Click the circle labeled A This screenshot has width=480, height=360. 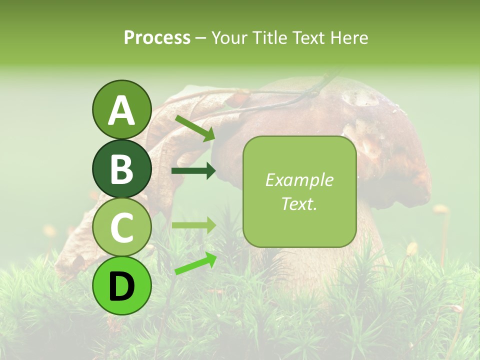(x=121, y=109)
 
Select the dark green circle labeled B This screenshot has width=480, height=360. (x=121, y=168)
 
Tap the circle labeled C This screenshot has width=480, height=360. (x=121, y=227)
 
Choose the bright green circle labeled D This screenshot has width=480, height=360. (x=121, y=285)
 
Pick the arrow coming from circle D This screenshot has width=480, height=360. (x=195, y=263)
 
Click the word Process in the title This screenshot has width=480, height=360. (x=157, y=37)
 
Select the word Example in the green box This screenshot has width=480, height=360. (x=299, y=180)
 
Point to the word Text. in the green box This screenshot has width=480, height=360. (x=299, y=203)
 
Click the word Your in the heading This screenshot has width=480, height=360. (x=229, y=37)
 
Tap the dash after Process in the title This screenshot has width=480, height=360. (x=200, y=38)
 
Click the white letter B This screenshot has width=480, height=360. (x=121, y=169)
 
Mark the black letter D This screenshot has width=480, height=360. (x=121, y=286)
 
